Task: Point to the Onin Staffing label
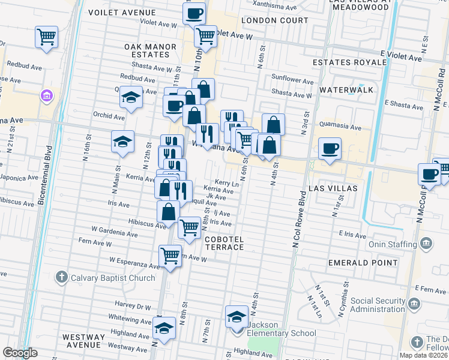(393, 244)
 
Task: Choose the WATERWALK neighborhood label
(346, 89)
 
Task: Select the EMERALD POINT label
(363, 263)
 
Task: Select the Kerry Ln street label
(228, 184)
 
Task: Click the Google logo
(20, 352)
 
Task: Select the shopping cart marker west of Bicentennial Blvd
(46, 37)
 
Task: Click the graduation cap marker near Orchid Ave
(130, 97)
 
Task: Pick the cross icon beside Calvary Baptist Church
(61, 277)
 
